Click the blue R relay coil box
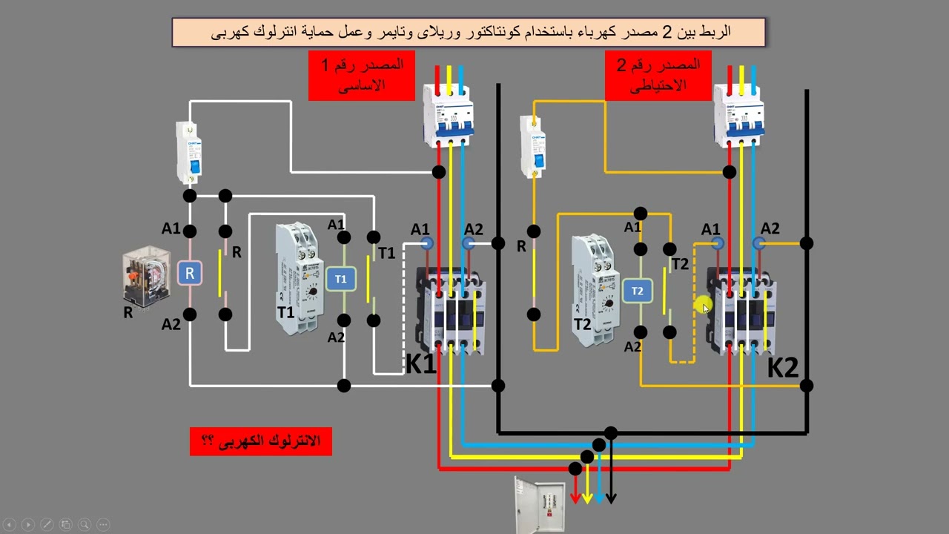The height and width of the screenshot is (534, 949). pyautogui.click(x=189, y=274)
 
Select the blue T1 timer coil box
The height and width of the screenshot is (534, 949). pyautogui.click(x=341, y=279)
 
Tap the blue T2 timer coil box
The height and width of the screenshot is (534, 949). pyautogui.click(x=638, y=291)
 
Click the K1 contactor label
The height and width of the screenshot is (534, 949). pyautogui.click(x=420, y=363)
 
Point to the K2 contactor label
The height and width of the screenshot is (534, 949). pyautogui.click(x=783, y=367)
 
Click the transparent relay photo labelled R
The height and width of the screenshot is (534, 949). pyautogui.click(x=147, y=276)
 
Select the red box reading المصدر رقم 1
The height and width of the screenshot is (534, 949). pyautogui.click(x=361, y=76)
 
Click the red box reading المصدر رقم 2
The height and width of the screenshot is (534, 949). pyautogui.click(x=658, y=76)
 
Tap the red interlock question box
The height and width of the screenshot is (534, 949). pyautogui.click(x=260, y=441)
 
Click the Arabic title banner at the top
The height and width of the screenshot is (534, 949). pyautogui.click(x=469, y=32)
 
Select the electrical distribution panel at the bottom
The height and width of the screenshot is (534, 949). pyautogui.click(x=540, y=505)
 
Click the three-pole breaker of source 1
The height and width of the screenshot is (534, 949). pyautogui.click(x=449, y=115)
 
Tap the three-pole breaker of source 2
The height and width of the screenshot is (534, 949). pyautogui.click(x=739, y=115)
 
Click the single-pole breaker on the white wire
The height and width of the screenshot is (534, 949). pyautogui.click(x=189, y=153)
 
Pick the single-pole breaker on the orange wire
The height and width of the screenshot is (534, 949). pyautogui.click(x=533, y=147)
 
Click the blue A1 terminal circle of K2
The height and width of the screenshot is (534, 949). pyautogui.click(x=717, y=243)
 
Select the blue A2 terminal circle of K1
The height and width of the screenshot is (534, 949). pyautogui.click(x=468, y=243)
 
